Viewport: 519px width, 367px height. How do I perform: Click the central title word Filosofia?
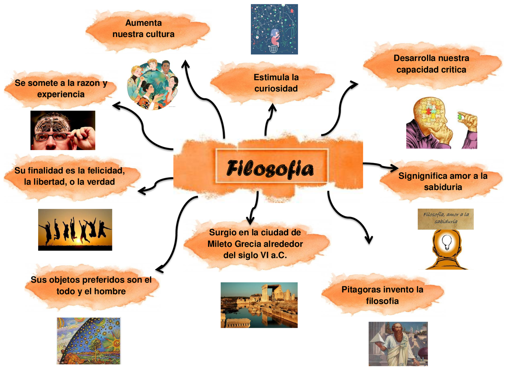click(270, 169)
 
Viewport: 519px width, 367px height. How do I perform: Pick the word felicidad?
click(103, 170)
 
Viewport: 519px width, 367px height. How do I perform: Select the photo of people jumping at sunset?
click(75, 230)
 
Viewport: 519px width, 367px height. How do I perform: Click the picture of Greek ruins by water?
click(259, 305)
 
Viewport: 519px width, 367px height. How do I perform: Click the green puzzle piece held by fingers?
click(460, 116)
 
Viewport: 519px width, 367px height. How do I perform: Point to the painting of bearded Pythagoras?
click(398, 344)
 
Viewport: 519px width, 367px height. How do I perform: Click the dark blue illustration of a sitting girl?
click(274, 29)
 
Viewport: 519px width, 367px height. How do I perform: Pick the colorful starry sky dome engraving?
click(88, 341)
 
